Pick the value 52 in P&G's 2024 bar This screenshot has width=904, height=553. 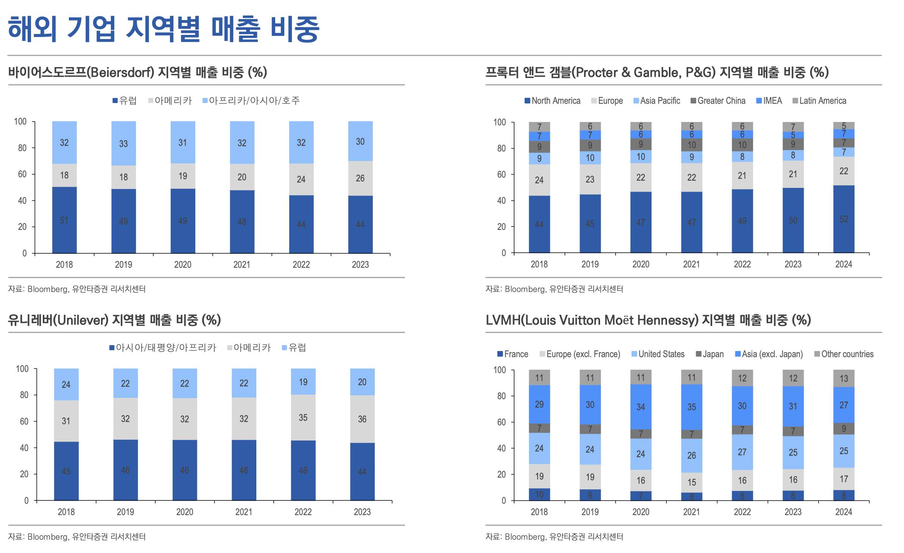[843, 219]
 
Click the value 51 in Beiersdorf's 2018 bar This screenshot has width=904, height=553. [64, 220]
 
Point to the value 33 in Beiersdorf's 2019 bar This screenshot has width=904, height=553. [123, 144]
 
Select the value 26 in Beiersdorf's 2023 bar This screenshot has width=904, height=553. [360, 178]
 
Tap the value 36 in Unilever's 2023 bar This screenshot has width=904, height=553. [362, 419]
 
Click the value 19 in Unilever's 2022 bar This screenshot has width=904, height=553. [303, 382]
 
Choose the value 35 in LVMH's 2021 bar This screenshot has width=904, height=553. [691, 407]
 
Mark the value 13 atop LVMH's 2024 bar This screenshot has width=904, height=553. [843, 378]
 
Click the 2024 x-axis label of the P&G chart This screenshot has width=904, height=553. [843, 264]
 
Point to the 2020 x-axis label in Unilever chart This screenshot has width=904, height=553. [184, 512]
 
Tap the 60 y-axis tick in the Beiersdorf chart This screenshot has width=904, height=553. [22, 174]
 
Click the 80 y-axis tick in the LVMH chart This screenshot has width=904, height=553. [501, 396]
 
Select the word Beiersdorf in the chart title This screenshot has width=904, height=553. [120, 72]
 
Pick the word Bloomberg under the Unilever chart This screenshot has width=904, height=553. [47, 537]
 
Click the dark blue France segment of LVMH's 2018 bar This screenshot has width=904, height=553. [539, 494]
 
